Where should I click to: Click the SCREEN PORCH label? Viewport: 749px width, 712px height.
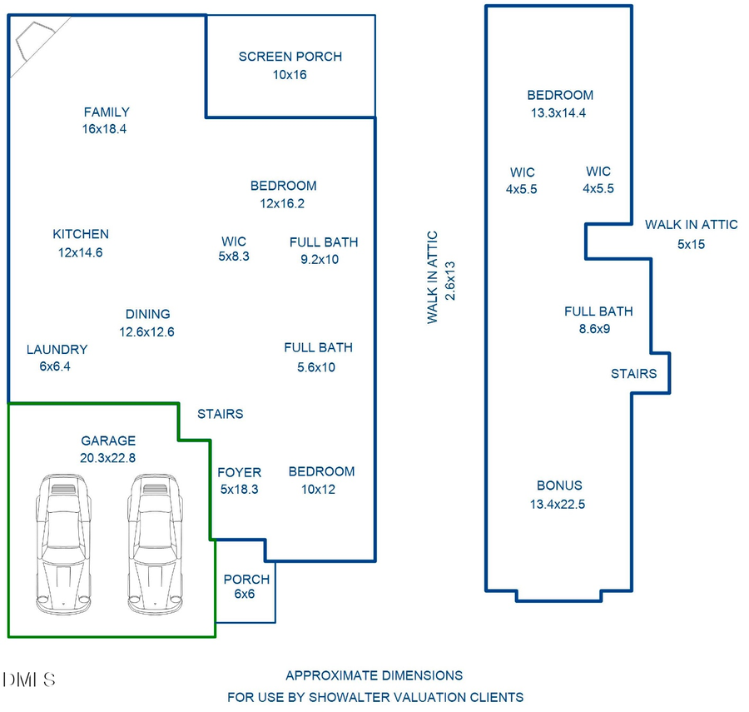290,57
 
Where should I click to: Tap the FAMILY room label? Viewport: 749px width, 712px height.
106,112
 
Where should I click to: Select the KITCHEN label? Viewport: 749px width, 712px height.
81,234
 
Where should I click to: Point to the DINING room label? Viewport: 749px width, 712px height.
147,314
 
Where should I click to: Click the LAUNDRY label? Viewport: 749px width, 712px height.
57,350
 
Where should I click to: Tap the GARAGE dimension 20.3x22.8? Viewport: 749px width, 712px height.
108,457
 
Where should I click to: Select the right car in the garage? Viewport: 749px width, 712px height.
155,545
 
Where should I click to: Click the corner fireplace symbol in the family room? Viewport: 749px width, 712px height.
32,46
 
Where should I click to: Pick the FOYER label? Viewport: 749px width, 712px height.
239,472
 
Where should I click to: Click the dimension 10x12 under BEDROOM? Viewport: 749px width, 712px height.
318,489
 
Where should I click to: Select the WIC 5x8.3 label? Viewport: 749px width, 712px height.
234,249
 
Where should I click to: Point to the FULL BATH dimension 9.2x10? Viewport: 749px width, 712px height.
320,259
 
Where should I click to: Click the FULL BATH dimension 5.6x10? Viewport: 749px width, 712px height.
316,367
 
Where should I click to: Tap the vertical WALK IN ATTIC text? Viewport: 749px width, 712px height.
433,277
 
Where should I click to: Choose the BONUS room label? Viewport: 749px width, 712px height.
559,485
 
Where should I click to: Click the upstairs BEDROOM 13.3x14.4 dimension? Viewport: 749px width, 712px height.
558,112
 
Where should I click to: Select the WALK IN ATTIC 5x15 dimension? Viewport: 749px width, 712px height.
691,244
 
